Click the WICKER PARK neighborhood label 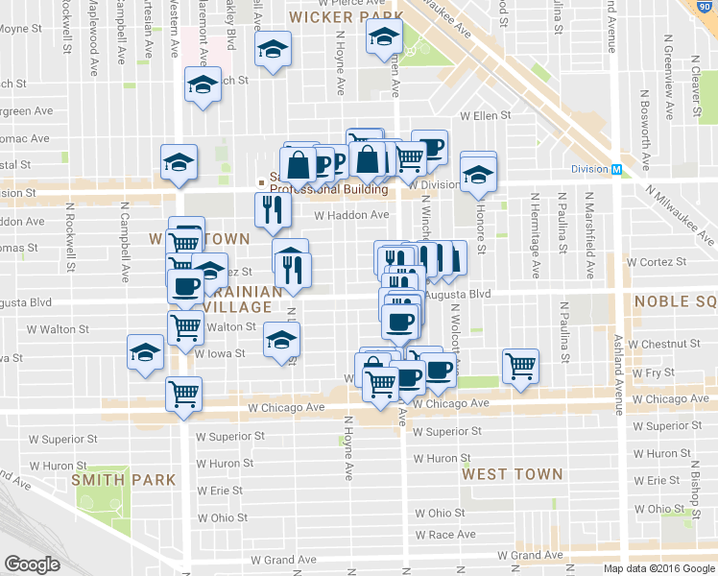click(334, 16)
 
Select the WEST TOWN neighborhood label click(512, 474)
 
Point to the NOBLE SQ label click(676, 301)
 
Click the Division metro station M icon click(618, 169)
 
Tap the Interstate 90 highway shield click(708, 7)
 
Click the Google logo click(32, 564)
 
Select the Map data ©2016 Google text click(658, 568)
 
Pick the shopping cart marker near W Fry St click(520, 365)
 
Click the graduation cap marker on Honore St click(478, 174)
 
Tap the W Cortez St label click(657, 260)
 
